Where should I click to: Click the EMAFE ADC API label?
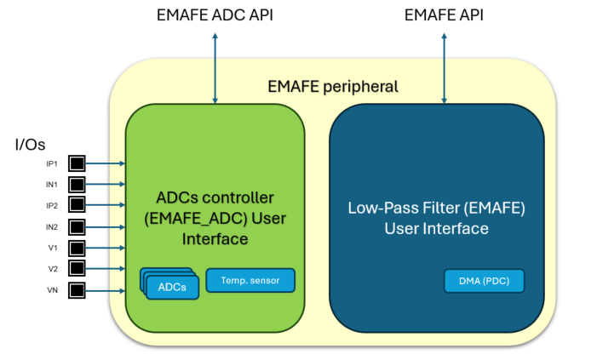tap(215, 15)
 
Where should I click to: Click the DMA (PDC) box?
tap(483, 281)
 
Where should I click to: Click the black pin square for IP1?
tap(77, 163)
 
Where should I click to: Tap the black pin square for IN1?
tap(77, 184)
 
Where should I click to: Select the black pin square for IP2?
tap(77, 205)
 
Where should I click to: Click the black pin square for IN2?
tap(77, 227)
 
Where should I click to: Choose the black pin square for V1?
tap(77, 249)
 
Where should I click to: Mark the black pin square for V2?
tap(77, 270)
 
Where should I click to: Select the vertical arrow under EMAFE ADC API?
tap(215, 69)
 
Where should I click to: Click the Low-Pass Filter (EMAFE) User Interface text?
tap(436, 218)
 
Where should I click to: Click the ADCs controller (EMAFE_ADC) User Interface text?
tap(215, 218)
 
